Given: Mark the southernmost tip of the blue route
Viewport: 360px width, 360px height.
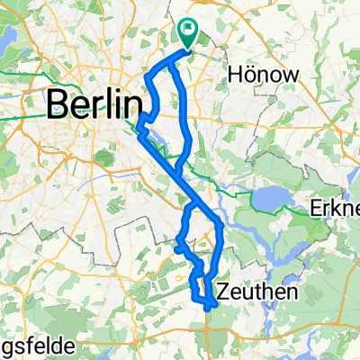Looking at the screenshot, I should pyautogui.click(x=208, y=309).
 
